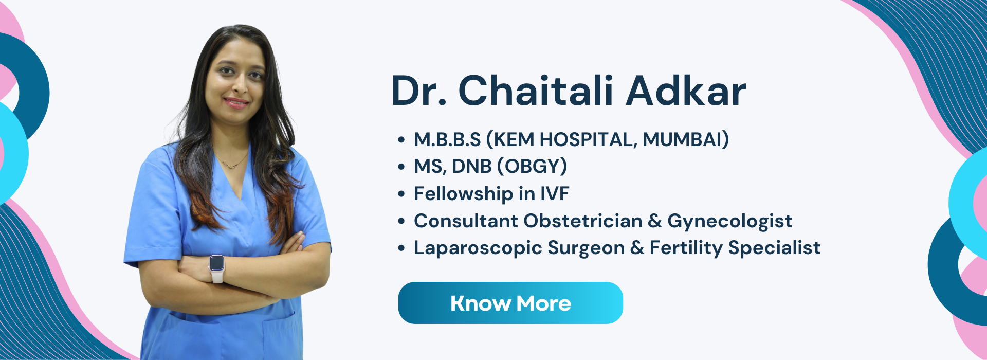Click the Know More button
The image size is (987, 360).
pyautogui.click(x=510, y=303)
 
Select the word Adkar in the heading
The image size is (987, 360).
pyautogui.click(x=686, y=91)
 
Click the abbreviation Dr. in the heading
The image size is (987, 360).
pyautogui.click(x=419, y=91)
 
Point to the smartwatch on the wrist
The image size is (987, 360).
pyautogui.click(x=216, y=267)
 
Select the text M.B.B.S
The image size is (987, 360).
pyautogui.click(x=447, y=139)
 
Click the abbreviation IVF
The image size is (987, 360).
pyautogui.click(x=554, y=194)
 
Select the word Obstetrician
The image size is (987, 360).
pyautogui.click(x=583, y=221)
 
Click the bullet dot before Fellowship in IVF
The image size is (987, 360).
pyautogui.click(x=401, y=194)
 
